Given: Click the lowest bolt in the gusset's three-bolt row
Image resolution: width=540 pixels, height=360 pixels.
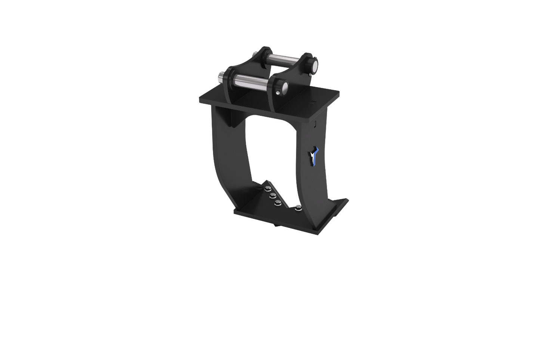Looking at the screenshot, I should click(278, 203).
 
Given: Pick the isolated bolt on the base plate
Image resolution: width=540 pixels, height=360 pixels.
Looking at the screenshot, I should click(298, 207).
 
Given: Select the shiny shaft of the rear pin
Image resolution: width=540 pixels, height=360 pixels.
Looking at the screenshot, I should click(284, 62).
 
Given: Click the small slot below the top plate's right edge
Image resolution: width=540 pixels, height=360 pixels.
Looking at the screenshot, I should click(316, 123).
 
